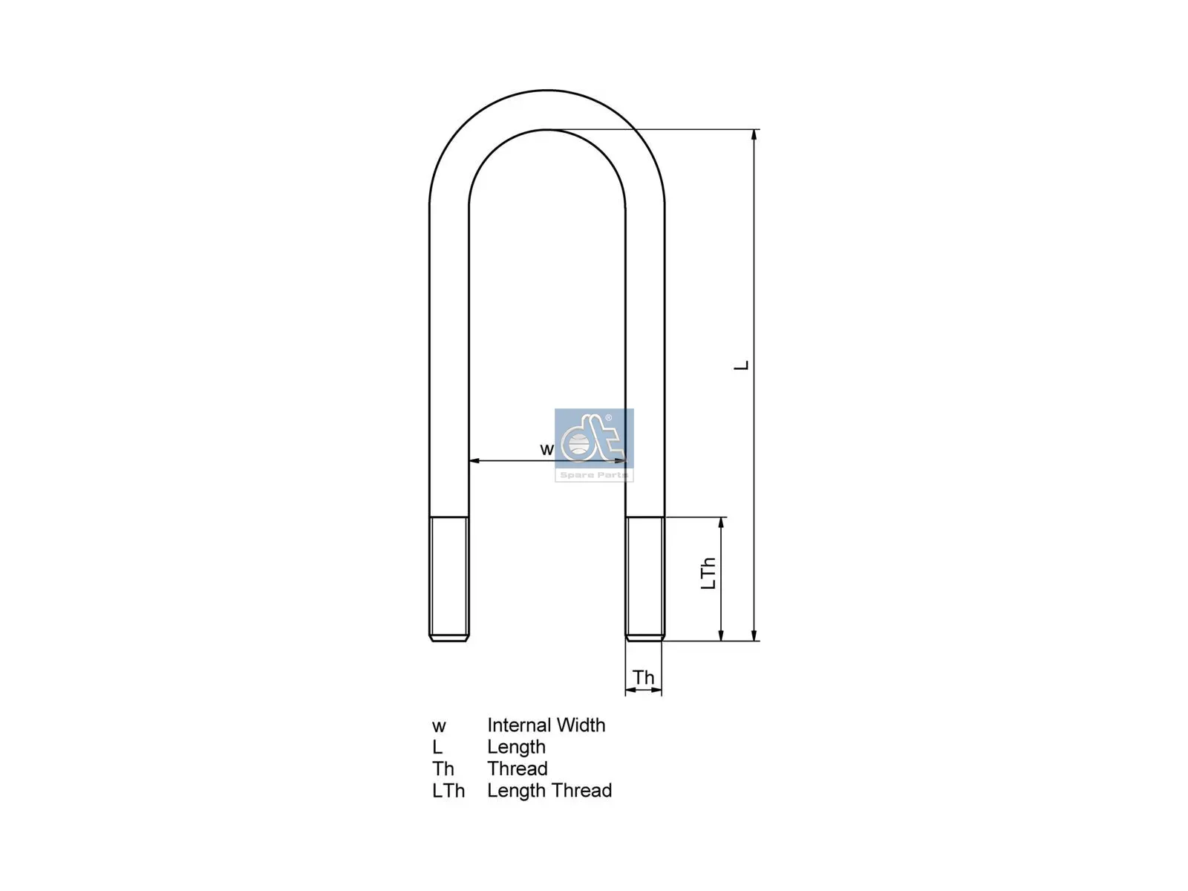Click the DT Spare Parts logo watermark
click(x=594, y=445)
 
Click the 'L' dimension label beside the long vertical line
click(x=741, y=365)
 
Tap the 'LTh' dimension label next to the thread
click(x=708, y=573)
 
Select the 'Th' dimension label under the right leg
click(x=643, y=677)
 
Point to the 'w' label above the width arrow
click(x=546, y=449)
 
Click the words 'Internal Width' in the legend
click(x=546, y=725)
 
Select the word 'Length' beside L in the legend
click(x=516, y=747)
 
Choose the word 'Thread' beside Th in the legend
click(x=517, y=768)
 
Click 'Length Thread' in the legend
click(x=549, y=791)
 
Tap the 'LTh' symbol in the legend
click(x=448, y=791)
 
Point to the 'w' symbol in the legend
click(x=439, y=726)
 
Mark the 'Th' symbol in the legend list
click(x=443, y=768)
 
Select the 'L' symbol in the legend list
click(x=437, y=747)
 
